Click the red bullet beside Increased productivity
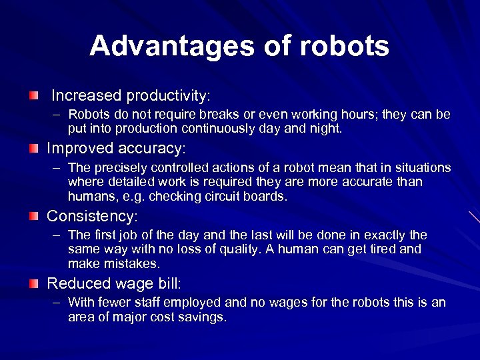[34, 97]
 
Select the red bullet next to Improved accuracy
[34, 147]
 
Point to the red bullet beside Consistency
[34, 216]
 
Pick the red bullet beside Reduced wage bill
[34, 283]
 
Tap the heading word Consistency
[91, 216]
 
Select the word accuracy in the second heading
[151, 147]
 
